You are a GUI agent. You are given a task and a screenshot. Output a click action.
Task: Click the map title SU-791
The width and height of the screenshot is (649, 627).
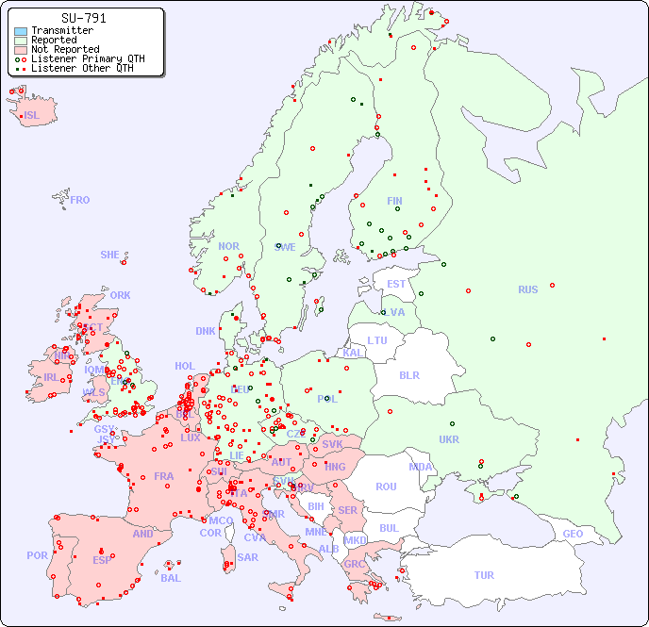point(83,18)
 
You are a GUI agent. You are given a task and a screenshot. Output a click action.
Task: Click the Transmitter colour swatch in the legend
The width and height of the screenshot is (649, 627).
point(21,31)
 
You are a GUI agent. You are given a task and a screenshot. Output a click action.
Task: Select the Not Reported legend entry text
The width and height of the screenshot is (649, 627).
point(65,49)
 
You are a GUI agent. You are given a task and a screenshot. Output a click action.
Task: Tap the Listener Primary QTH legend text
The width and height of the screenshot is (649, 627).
point(88,58)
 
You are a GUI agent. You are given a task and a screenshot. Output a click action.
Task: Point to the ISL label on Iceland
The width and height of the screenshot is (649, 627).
point(32,116)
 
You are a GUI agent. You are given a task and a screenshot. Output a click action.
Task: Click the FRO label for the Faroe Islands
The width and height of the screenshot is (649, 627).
point(80,200)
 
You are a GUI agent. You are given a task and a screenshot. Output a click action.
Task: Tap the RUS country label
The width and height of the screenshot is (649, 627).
point(527,289)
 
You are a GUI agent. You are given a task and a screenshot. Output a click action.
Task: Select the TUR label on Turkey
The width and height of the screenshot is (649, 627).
point(484,575)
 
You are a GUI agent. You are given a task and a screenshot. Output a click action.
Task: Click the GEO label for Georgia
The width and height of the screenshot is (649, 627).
point(573,534)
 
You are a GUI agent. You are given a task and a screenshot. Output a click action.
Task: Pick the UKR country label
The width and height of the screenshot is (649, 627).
point(449,439)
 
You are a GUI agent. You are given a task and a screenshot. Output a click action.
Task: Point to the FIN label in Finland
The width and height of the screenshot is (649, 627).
point(394,201)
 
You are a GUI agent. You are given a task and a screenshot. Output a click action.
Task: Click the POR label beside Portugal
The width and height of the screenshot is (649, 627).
point(37,555)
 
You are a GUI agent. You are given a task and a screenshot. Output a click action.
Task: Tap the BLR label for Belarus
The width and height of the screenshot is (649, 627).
point(408,374)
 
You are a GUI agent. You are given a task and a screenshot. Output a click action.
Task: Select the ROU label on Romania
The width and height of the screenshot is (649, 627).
point(386,487)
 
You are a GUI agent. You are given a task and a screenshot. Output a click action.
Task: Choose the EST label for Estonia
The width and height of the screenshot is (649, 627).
point(396,284)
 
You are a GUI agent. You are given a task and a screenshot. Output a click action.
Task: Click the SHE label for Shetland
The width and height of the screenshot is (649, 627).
point(110,255)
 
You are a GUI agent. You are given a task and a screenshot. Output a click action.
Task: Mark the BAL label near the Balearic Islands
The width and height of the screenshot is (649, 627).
point(171,578)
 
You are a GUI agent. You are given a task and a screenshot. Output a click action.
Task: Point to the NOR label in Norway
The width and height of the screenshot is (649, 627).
point(228,246)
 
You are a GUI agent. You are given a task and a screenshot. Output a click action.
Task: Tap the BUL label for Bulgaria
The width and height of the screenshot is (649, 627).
point(389,528)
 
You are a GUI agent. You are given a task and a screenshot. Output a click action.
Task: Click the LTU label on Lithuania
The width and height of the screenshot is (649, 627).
point(377,340)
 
